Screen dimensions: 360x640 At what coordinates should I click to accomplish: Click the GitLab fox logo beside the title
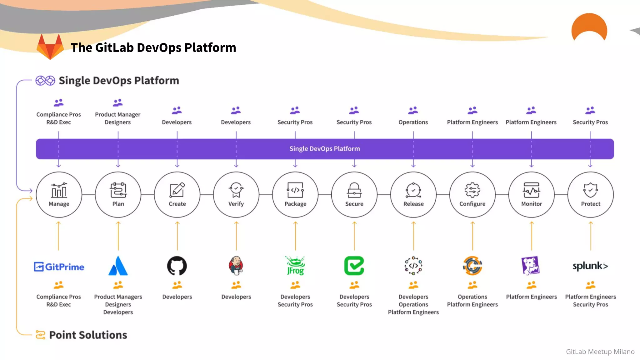click(50, 47)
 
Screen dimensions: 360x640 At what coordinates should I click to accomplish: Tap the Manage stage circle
click(59, 194)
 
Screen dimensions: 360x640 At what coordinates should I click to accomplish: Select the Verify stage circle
click(236, 194)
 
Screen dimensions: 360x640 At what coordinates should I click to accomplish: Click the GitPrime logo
click(59, 267)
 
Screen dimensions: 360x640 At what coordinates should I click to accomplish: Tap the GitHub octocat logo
click(177, 266)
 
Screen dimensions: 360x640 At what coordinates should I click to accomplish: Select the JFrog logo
click(295, 266)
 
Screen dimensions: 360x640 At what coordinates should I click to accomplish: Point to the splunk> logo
click(590, 266)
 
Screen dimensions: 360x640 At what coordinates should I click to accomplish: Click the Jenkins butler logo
click(236, 266)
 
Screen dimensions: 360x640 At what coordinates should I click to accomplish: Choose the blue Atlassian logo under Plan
click(118, 266)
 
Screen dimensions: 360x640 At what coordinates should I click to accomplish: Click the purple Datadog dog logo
click(531, 266)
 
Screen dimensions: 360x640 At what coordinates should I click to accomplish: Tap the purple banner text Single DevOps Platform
click(324, 149)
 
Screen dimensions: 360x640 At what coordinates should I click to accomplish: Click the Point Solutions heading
click(88, 335)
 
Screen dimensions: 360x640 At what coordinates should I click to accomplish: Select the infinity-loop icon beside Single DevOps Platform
click(45, 81)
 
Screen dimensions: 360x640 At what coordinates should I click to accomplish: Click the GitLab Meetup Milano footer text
click(600, 352)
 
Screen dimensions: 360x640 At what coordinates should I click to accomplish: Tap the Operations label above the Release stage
click(413, 122)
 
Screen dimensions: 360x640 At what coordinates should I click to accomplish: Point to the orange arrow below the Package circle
click(295, 236)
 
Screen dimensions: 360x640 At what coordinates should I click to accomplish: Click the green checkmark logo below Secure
click(354, 266)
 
